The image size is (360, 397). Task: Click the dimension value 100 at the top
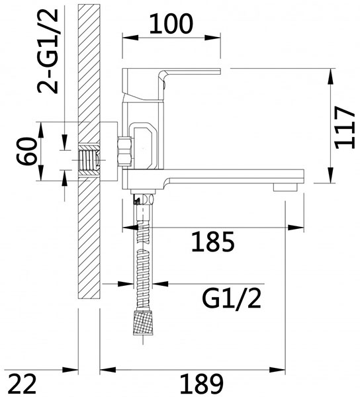coord(171,24)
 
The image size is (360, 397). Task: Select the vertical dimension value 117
coord(344,127)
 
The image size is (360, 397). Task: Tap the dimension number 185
coord(213,242)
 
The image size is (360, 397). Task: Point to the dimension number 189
coord(202,383)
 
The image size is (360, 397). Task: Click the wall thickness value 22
coord(22,383)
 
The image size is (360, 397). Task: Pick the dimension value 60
coord(27,151)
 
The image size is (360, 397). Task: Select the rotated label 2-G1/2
coord(48,52)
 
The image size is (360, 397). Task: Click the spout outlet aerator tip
coord(285,187)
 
